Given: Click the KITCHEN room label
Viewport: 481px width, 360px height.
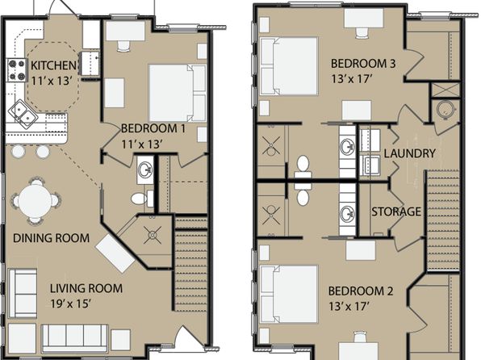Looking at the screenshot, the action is click(53, 65).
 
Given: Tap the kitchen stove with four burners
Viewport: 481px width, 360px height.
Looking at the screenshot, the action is click(16, 70).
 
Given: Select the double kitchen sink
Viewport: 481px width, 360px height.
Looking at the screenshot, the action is click(23, 113).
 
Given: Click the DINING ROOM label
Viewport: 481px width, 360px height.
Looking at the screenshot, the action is click(51, 238).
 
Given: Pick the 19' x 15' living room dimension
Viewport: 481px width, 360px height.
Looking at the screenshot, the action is click(70, 303).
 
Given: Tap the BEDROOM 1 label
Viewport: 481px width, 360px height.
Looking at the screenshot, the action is click(153, 128).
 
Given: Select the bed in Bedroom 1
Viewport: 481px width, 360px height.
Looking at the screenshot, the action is click(177, 93).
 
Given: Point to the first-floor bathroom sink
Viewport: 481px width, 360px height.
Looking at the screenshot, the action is click(145, 170).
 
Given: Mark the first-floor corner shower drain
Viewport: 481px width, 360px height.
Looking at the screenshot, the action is click(153, 235).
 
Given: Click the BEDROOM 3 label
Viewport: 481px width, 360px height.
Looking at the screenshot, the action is click(363, 64).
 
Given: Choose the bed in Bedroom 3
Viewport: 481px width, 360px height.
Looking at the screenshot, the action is click(289, 66).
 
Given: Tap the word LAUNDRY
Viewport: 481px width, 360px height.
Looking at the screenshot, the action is click(410, 153).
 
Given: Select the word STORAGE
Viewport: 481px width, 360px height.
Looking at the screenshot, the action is click(396, 211).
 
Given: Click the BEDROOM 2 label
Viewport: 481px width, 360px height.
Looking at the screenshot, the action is click(361, 291).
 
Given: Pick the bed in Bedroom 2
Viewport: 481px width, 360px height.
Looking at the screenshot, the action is click(289, 294).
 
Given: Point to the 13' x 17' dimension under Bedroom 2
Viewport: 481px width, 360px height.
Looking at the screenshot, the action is click(349, 306).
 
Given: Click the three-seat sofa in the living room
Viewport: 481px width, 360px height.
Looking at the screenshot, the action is click(74, 338).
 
